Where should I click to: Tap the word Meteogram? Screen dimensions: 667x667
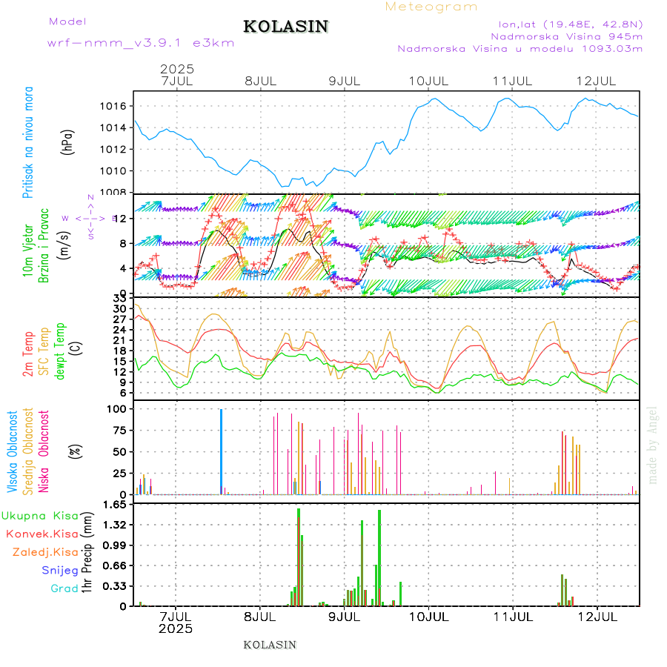pyautogui.click(x=431, y=7)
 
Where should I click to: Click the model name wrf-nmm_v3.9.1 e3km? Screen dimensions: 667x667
pyautogui.click(x=141, y=43)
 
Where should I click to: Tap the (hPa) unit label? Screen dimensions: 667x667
pyautogui.click(x=68, y=142)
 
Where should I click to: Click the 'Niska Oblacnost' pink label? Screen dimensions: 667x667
pyautogui.click(x=44, y=450)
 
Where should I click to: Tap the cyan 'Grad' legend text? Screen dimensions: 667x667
pyautogui.click(x=64, y=588)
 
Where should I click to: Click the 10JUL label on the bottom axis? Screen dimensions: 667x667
pyautogui.click(x=429, y=616)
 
